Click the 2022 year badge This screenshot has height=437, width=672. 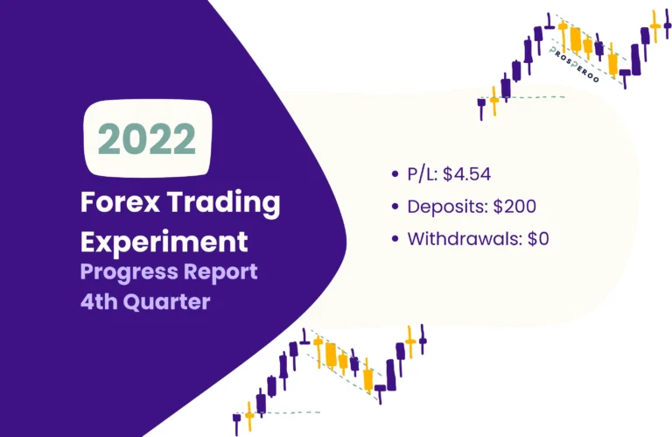click(147, 137)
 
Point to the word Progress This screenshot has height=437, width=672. click(122, 272)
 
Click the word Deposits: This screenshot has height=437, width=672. click(443, 207)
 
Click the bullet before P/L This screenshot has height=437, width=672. click(396, 174)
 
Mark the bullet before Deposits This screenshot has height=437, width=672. click(396, 208)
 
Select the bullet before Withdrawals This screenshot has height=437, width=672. click(396, 240)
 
